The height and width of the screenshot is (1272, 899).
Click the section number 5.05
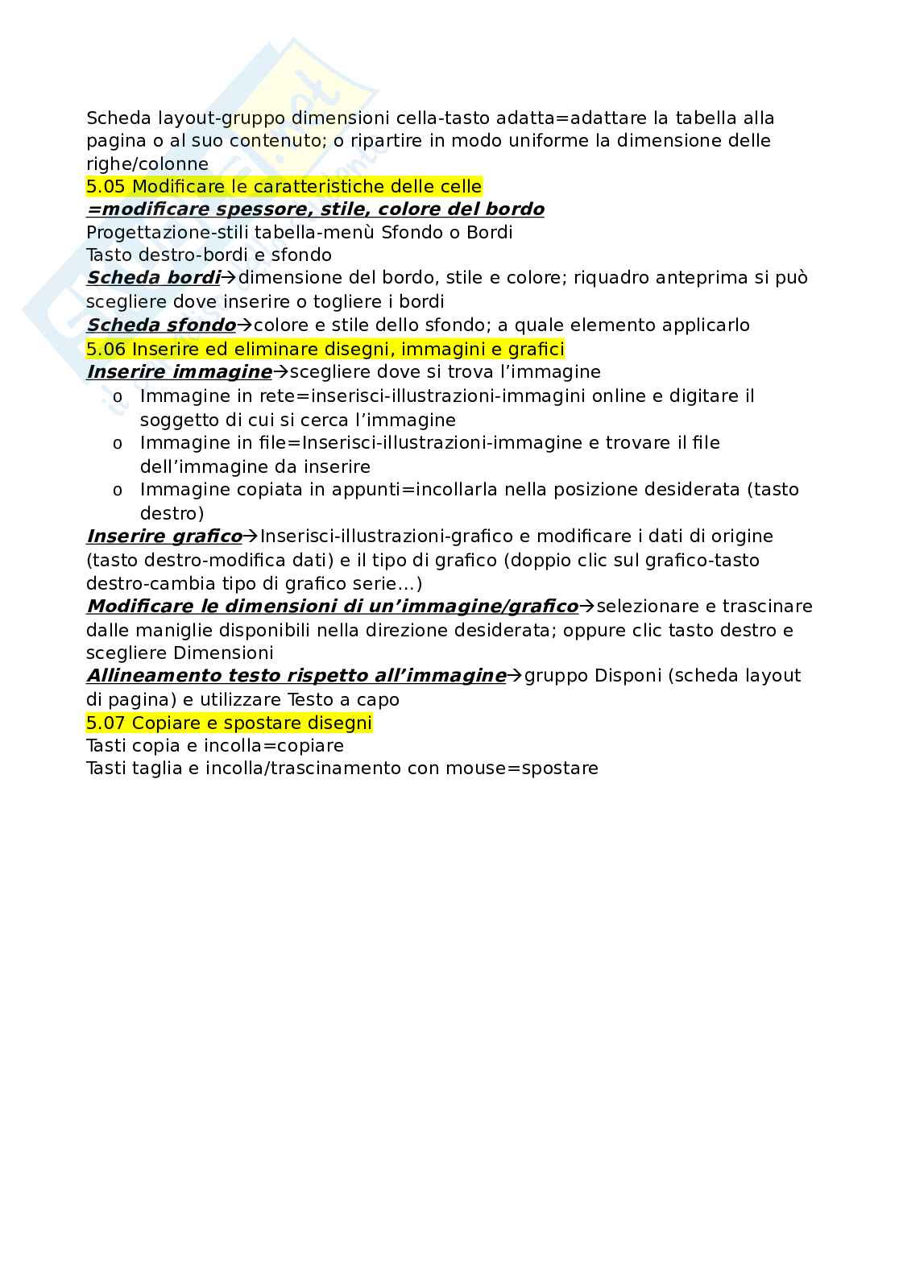(x=106, y=187)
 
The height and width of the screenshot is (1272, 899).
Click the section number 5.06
(x=106, y=349)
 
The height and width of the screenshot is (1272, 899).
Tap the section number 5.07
(x=106, y=723)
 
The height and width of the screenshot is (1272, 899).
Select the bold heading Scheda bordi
(x=153, y=278)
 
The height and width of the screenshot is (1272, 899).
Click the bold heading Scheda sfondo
(x=160, y=325)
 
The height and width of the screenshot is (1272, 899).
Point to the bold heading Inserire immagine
(x=179, y=372)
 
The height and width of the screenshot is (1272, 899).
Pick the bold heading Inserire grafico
(x=164, y=537)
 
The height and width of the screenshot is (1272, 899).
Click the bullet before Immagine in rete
(x=118, y=397)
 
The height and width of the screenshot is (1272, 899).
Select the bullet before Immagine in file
(x=118, y=444)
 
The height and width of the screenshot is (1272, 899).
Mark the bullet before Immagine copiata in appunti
(x=118, y=491)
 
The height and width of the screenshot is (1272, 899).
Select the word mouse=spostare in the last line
(x=532, y=769)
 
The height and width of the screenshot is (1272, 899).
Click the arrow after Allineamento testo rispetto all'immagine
(x=515, y=676)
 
